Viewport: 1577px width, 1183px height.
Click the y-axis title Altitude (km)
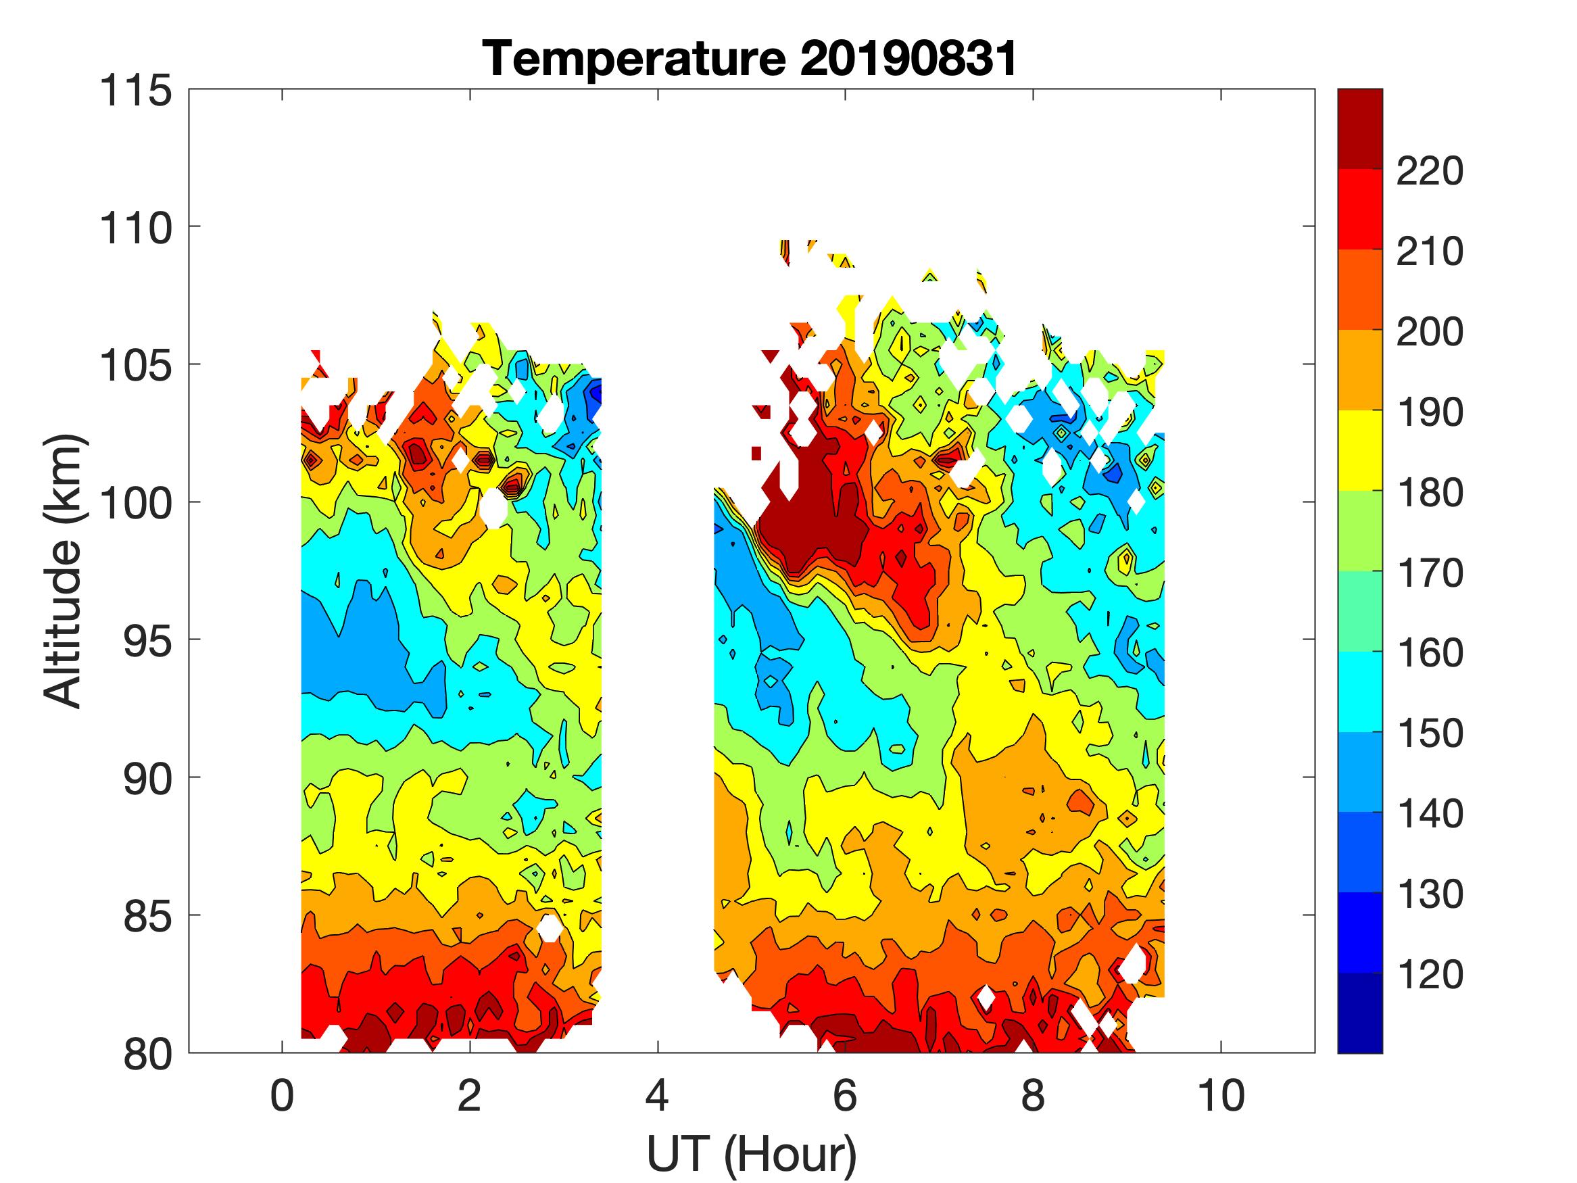(64, 571)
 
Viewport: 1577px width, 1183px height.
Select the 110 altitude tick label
(136, 229)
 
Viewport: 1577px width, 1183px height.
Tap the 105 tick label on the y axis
(136, 366)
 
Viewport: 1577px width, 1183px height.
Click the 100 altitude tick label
(136, 504)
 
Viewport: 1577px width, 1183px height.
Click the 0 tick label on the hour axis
(283, 1095)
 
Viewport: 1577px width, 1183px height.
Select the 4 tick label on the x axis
(657, 1095)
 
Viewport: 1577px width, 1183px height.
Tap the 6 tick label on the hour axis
(845, 1095)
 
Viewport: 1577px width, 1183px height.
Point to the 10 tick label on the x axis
(1221, 1095)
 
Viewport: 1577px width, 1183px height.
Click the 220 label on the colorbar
(1430, 171)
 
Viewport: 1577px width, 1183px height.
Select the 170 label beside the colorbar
(1430, 573)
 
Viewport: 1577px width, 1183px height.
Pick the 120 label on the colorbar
(1430, 974)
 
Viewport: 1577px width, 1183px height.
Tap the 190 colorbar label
(1430, 412)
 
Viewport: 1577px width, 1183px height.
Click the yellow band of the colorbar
(1359, 450)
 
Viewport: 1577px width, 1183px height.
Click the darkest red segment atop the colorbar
(1359, 128)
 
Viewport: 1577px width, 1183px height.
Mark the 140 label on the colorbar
(1430, 814)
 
